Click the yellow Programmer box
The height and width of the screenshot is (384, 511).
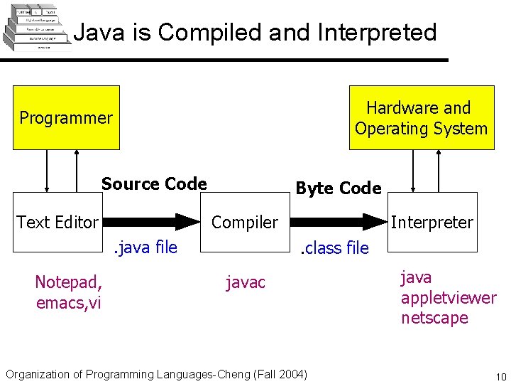(x=66, y=117)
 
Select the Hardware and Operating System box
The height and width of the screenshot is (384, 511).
(x=421, y=118)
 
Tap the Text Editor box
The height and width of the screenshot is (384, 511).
(x=57, y=223)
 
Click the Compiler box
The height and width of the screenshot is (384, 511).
(x=245, y=223)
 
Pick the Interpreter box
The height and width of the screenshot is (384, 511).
(x=432, y=223)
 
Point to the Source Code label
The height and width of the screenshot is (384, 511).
(x=154, y=184)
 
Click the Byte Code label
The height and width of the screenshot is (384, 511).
(x=338, y=188)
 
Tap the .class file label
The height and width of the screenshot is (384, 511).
(x=334, y=248)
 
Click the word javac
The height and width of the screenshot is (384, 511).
(x=245, y=283)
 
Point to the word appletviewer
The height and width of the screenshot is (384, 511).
(x=448, y=298)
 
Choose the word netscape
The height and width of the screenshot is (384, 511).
(x=434, y=318)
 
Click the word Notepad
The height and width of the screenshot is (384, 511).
(x=68, y=283)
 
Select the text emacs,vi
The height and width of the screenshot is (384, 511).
(x=68, y=303)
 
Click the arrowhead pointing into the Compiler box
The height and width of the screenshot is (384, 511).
(x=188, y=222)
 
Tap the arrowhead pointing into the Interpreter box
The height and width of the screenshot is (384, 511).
(x=375, y=222)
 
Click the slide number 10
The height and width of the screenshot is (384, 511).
(x=500, y=376)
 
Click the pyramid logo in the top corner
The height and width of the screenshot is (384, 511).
(x=38, y=29)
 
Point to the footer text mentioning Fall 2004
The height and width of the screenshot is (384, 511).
(x=156, y=374)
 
